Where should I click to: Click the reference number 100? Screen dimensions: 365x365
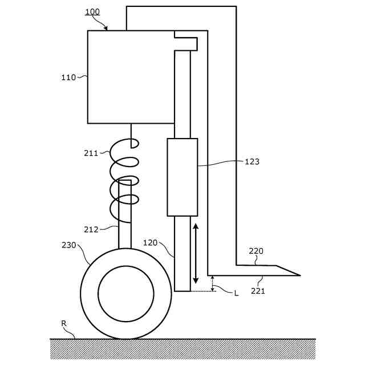(x=92, y=11)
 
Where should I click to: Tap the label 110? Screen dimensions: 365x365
(x=68, y=78)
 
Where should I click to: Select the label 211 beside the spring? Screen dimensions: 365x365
(x=91, y=153)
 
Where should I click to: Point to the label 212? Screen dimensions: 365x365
(x=91, y=230)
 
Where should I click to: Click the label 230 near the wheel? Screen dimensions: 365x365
(x=68, y=245)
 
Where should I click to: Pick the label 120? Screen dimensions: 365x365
(x=150, y=242)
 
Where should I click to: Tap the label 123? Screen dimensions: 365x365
(x=252, y=161)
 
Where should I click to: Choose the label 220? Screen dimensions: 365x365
(x=256, y=250)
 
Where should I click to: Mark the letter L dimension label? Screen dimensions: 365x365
(x=236, y=293)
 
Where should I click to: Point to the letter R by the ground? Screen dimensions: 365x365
(x=64, y=323)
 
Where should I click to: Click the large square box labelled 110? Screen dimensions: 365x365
(x=130, y=77)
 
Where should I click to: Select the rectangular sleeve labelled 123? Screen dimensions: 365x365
(x=182, y=177)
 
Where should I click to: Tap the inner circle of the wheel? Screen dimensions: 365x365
(x=126, y=294)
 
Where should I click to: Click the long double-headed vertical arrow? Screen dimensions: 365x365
(x=196, y=253)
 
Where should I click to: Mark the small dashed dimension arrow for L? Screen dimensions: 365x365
(x=212, y=283)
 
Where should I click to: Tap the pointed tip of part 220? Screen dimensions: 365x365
(x=298, y=275)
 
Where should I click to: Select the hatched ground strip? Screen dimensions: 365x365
(x=182, y=348)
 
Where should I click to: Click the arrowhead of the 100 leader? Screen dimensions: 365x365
(x=106, y=28)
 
